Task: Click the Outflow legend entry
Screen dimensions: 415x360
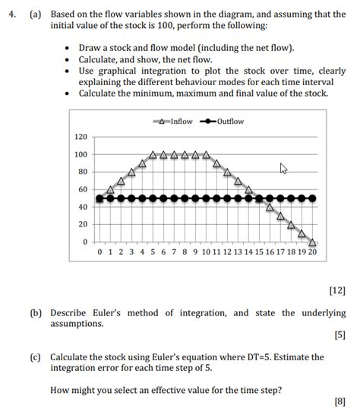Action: point(223,122)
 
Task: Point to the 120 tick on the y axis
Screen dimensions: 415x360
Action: point(81,137)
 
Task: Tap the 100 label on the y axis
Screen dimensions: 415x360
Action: point(81,154)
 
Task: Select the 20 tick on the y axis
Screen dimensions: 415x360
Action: point(83,224)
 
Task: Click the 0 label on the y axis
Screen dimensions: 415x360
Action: point(85,242)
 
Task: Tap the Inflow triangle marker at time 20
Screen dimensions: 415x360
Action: point(312,242)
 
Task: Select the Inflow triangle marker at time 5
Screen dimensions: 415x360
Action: point(153,154)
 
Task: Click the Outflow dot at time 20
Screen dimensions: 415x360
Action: point(312,198)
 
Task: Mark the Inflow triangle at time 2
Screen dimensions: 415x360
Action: point(121,181)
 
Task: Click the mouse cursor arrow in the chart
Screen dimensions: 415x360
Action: point(284,168)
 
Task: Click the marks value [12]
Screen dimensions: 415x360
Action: point(336,289)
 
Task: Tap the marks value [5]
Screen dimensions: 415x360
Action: point(339,336)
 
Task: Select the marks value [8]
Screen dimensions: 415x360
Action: point(339,401)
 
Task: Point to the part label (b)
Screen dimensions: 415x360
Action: point(36,312)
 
